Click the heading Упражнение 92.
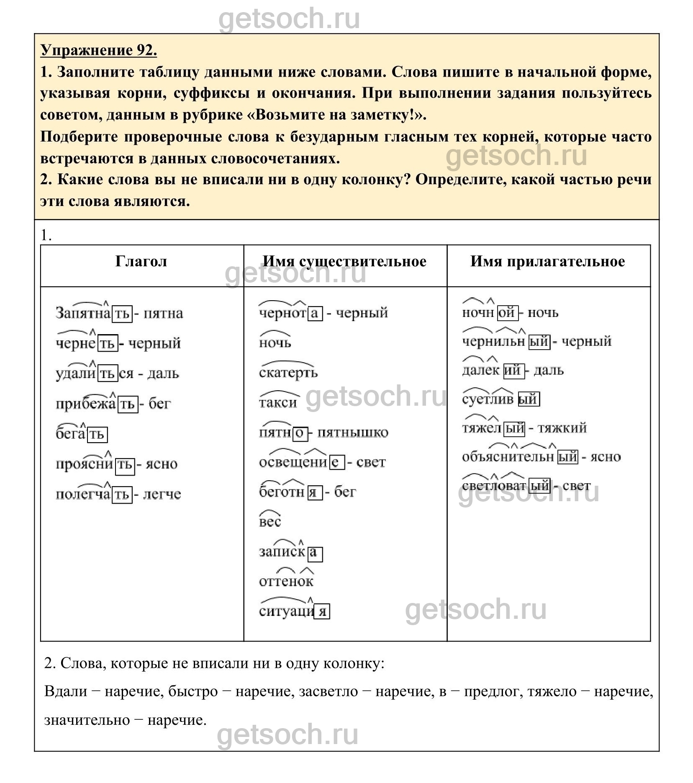pos(99,50)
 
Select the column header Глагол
pos(141,261)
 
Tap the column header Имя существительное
pos(344,261)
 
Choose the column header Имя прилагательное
pos(547,261)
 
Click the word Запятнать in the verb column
pos(94,313)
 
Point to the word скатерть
pos(288,372)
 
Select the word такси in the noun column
pos(278,402)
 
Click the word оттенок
pos(286,581)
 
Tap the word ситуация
pos(294,611)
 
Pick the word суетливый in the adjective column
pos(501,399)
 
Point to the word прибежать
pos(96,404)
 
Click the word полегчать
pos(94,494)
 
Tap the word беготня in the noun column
pos(290,492)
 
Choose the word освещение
pos(301,462)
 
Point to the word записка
pos(290,552)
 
